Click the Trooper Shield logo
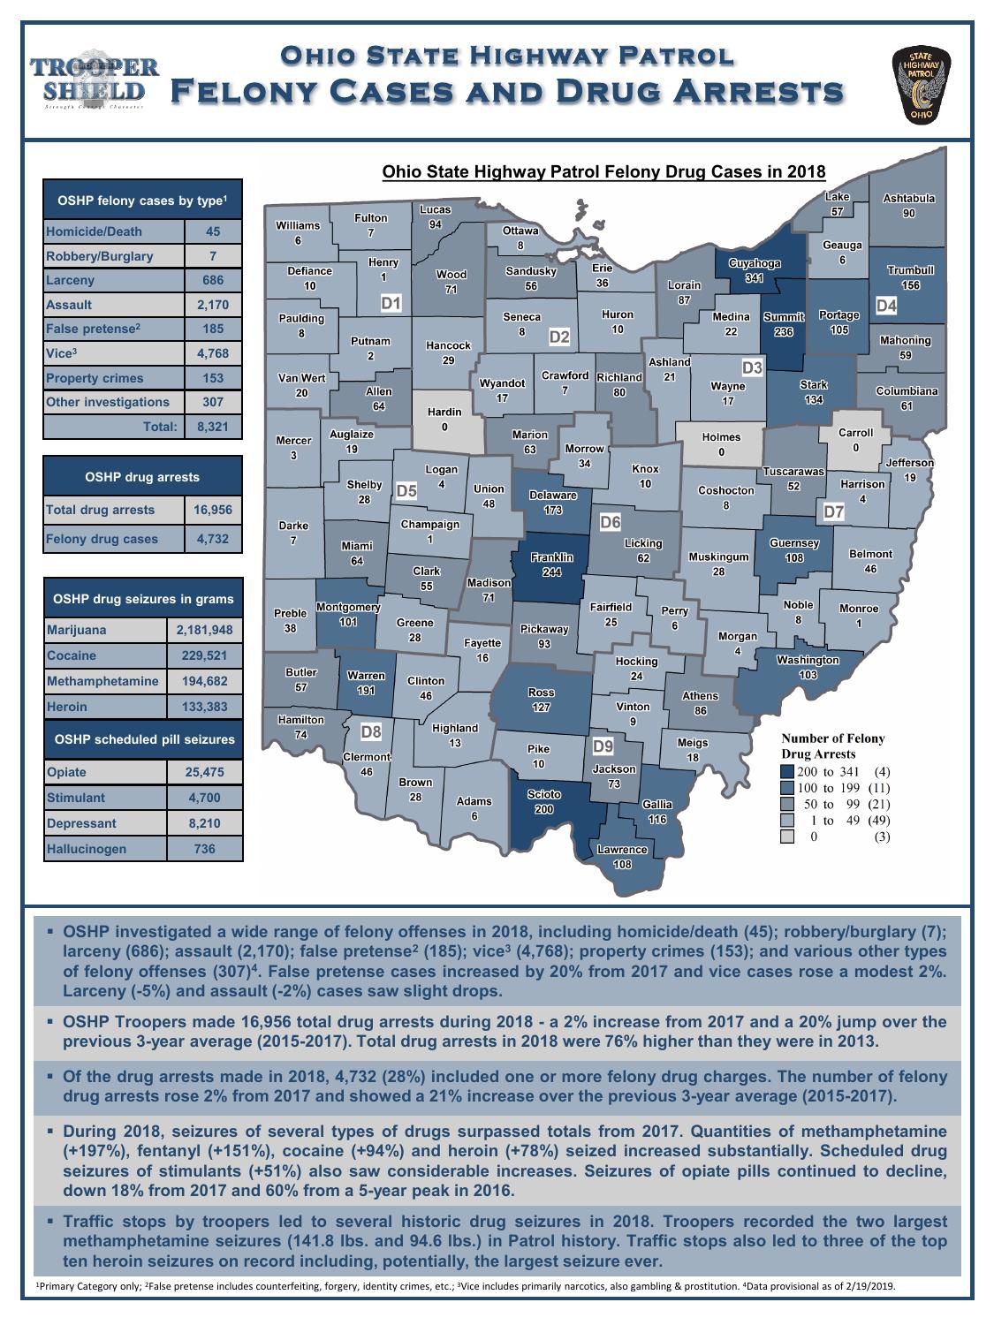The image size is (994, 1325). tap(95, 79)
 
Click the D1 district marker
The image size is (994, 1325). tap(391, 304)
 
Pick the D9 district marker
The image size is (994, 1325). tap(603, 746)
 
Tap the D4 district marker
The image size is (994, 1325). tap(886, 306)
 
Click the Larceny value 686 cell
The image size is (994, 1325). tap(212, 280)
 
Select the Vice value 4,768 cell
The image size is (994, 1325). tap(212, 353)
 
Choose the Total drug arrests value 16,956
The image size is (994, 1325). tap(212, 510)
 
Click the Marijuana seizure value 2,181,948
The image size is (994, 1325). tap(204, 630)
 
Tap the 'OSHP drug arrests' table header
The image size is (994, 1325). tap(142, 477)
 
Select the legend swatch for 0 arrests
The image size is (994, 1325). tap(787, 837)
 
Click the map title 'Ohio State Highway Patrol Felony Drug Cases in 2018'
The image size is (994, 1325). tap(603, 171)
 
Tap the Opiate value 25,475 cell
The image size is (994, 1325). tap(204, 772)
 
